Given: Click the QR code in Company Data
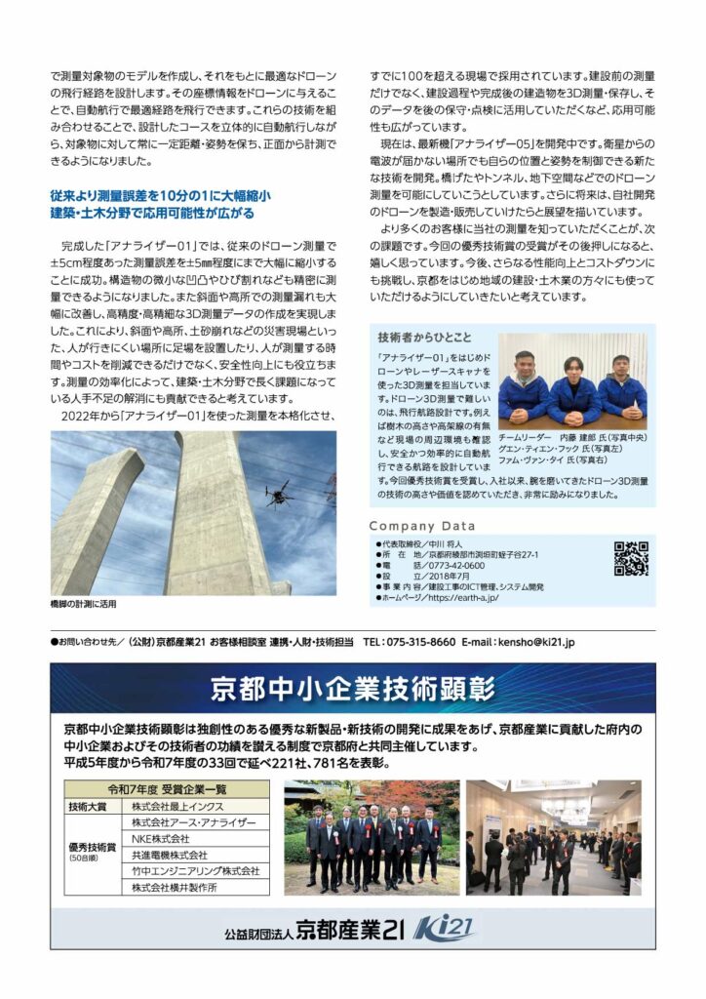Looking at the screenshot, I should tap(631, 559).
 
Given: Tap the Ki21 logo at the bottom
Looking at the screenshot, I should tap(444, 928).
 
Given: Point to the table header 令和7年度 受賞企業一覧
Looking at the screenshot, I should tap(168, 789).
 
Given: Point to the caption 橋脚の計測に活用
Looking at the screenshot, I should tap(83, 605).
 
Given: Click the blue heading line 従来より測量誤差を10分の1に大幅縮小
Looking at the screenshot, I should tap(160, 196).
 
